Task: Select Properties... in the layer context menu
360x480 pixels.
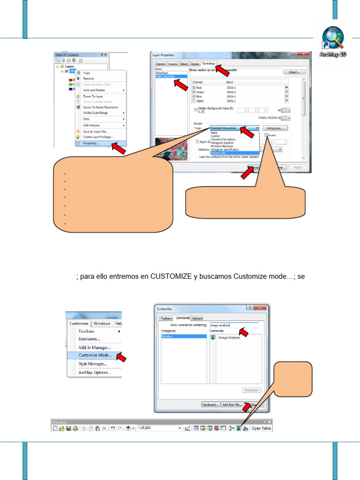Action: point(90,143)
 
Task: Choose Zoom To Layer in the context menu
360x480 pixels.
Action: point(93,96)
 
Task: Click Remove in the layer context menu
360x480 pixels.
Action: point(88,79)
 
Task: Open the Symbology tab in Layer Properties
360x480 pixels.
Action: point(209,63)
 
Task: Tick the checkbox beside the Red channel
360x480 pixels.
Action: point(194,88)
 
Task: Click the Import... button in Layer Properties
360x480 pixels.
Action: point(294,72)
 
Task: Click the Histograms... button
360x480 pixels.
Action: point(275,128)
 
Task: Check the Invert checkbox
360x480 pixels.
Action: point(267,135)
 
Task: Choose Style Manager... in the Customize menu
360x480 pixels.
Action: point(92,364)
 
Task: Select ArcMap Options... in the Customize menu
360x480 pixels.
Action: point(95,373)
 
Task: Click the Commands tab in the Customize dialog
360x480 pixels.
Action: point(182,318)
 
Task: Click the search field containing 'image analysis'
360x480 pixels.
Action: point(233,324)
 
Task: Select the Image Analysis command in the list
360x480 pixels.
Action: point(229,337)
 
